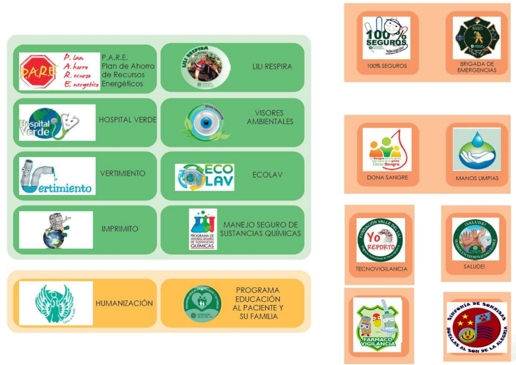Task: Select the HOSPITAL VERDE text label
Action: (127, 121)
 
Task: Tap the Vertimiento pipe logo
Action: (57, 176)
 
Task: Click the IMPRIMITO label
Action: (120, 229)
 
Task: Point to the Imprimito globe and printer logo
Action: (56, 230)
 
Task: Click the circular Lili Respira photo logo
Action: (205, 67)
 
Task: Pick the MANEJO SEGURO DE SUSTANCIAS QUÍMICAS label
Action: (262, 229)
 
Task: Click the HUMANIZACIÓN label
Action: (124, 304)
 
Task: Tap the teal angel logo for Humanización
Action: (55, 304)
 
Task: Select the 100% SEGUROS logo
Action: (386, 38)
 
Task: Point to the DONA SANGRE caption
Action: (387, 178)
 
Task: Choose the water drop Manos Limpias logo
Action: (476, 149)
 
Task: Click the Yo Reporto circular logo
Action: (381, 240)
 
